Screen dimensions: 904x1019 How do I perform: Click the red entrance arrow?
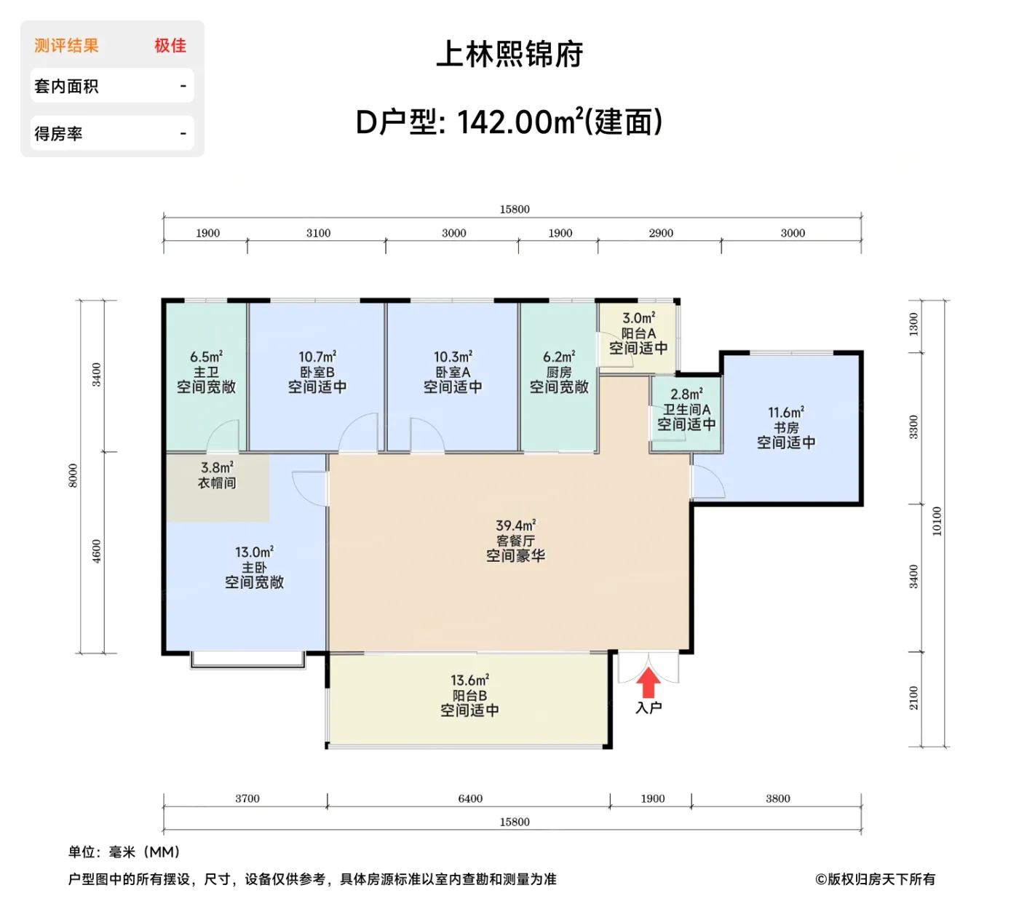point(649,683)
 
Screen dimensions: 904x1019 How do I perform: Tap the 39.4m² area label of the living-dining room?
point(515,526)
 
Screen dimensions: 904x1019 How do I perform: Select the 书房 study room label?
point(786,428)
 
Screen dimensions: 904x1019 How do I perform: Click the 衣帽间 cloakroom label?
point(217,483)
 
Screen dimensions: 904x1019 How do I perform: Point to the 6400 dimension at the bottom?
point(470,798)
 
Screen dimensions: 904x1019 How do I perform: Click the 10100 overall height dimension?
point(937,521)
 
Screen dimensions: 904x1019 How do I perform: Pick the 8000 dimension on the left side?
point(73,475)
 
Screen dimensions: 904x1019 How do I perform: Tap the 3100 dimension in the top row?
point(318,233)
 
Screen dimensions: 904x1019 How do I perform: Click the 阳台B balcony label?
point(469,696)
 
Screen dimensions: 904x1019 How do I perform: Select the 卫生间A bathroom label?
point(686,410)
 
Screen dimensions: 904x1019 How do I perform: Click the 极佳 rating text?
point(170,46)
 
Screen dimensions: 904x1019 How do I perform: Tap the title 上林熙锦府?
point(509,55)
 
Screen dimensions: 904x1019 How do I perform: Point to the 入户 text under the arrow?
point(649,707)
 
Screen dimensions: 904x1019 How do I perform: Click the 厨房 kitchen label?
point(559,372)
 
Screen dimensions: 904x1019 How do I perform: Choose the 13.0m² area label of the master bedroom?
point(254,552)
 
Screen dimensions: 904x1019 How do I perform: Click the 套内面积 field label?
point(66,87)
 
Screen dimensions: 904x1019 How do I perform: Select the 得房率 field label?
point(58,134)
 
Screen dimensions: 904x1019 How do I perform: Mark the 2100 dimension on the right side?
point(913,698)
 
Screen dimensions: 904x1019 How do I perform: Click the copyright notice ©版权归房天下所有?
point(875,879)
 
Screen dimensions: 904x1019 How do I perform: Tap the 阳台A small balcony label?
point(638,333)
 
